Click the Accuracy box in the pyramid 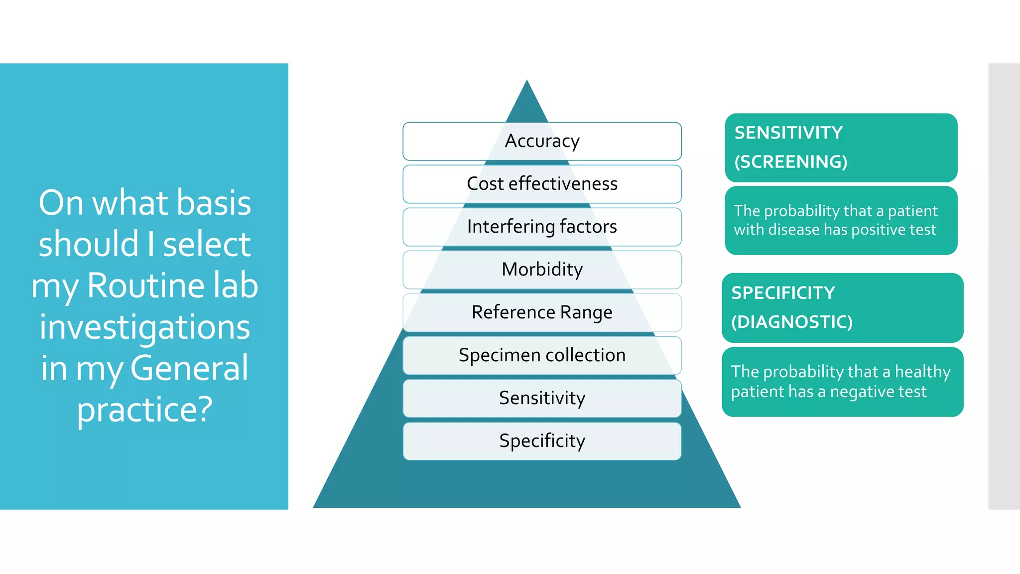pos(542,141)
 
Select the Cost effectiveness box pos(542,184)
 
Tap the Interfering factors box pos(542,227)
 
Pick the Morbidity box pos(542,270)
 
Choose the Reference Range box pos(542,312)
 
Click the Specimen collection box pos(542,355)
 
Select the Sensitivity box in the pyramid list pos(542,398)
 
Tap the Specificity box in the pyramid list pos(542,441)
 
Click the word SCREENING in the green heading pos(791,162)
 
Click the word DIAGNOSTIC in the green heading pos(792,322)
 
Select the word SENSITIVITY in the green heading pos(788,133)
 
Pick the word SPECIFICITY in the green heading pos(783,293)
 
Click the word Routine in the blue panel pos(145,286)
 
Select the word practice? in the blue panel pos(144,410)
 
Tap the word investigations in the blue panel pos(144,327)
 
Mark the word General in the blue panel pos(189,368)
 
